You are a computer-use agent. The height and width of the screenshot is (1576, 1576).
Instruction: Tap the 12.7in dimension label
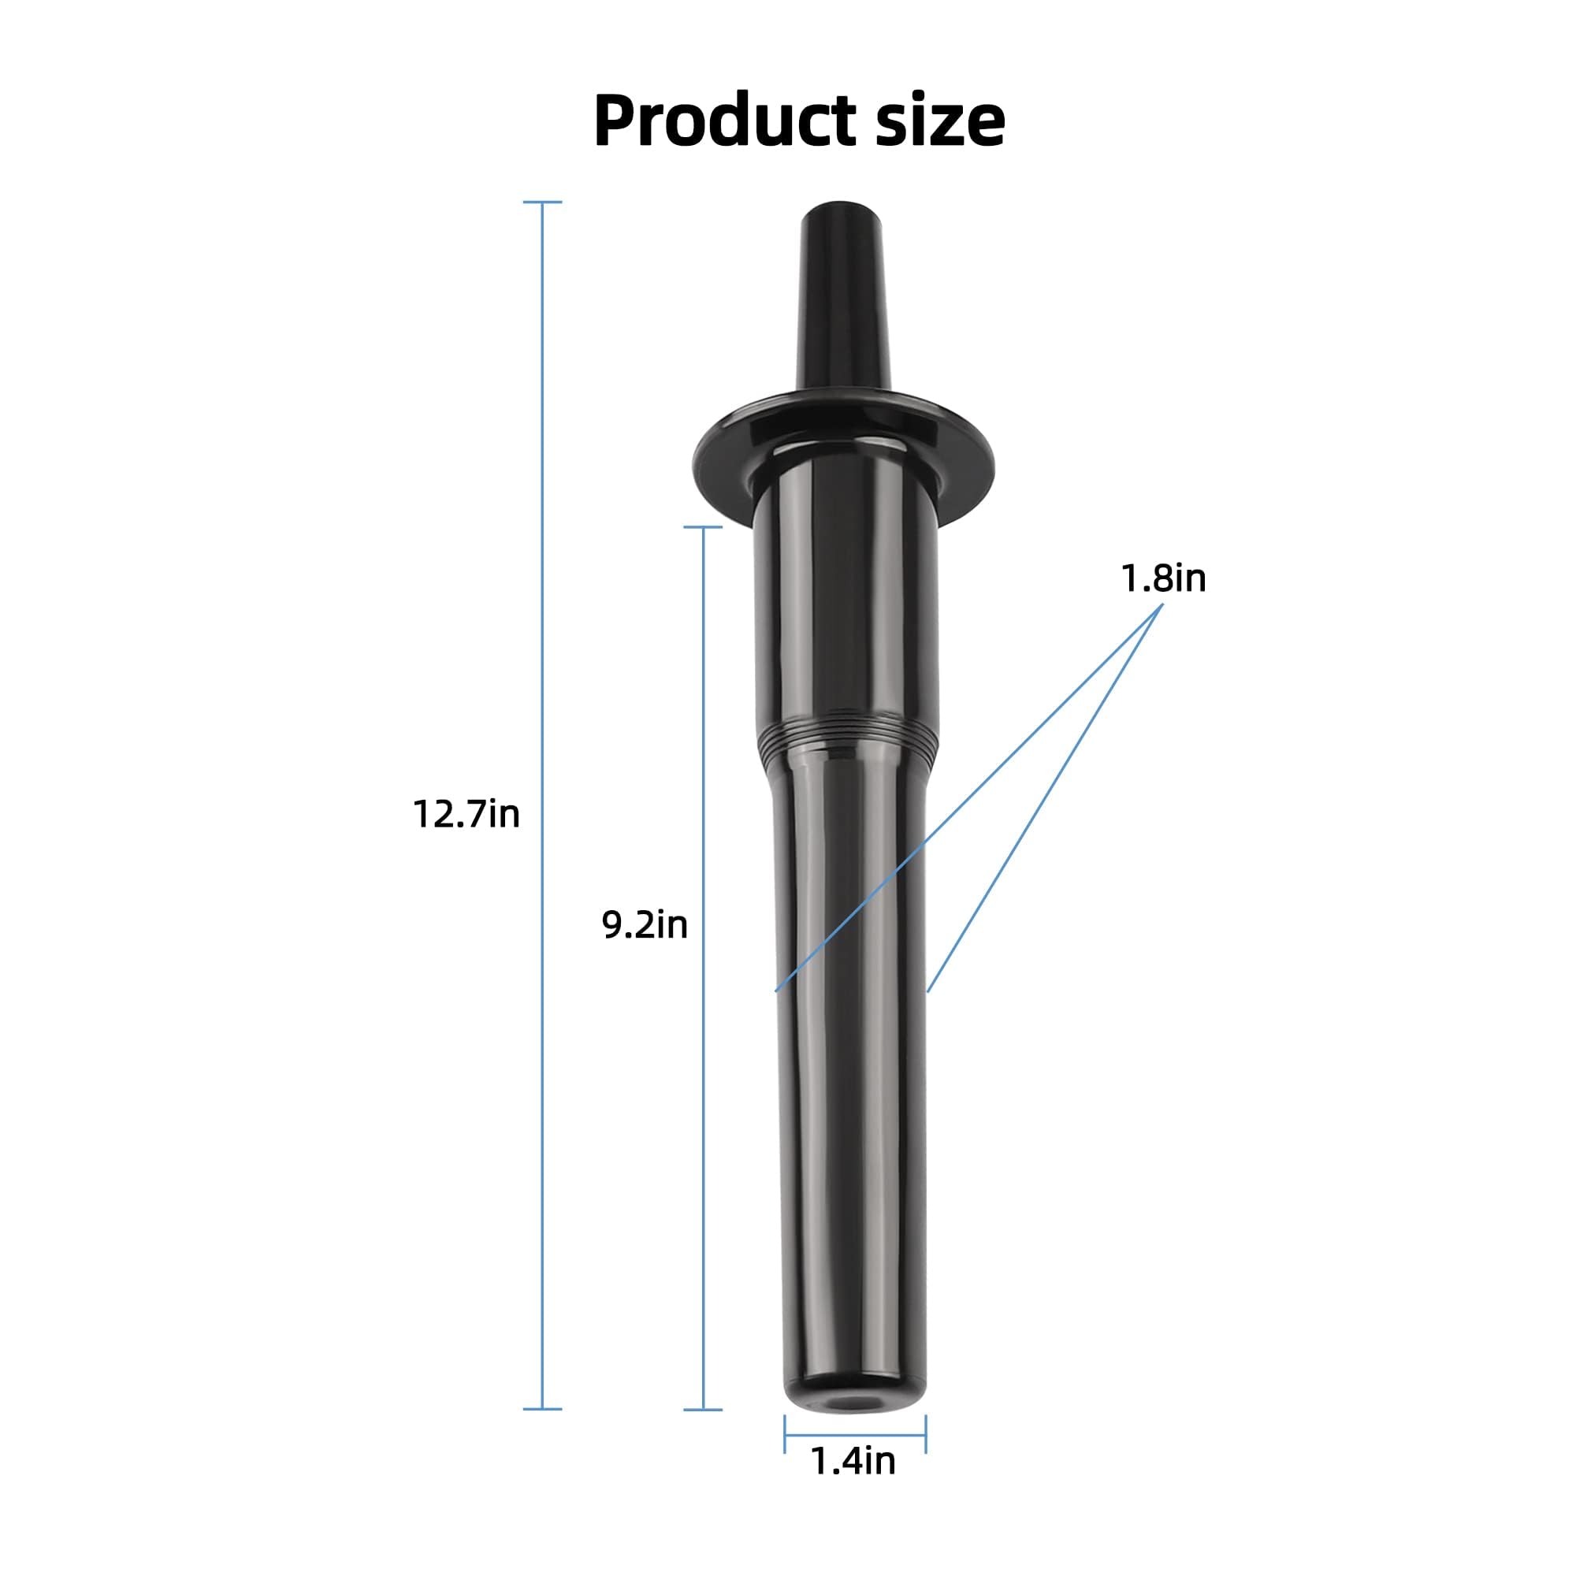click(x=466, y=814)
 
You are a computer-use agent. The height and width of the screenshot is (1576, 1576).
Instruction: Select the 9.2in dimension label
click(x=645, y=925)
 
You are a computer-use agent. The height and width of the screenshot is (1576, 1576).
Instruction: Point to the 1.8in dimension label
click(x=1163, y=578)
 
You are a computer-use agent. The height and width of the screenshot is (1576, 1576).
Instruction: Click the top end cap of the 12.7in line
click(x=542, y=202)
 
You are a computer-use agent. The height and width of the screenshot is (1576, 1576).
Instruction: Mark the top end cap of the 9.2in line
click(x=702, y=528)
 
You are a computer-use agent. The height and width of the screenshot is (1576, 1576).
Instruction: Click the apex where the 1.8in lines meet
click(x=1162, y=604)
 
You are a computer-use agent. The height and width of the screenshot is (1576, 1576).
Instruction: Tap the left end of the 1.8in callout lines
click(x=775, y=991)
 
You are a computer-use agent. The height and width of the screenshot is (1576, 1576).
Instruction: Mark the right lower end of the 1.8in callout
click(x=927, y=991)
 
